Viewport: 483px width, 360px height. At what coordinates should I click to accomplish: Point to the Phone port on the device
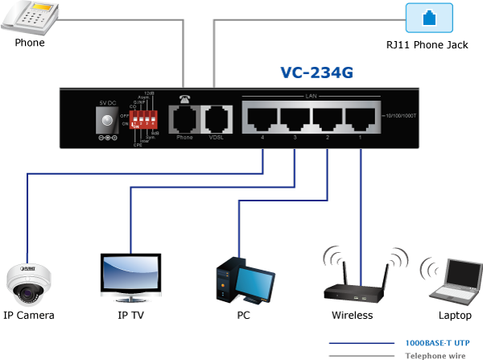184,119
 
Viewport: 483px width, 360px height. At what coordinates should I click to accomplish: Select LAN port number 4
262,119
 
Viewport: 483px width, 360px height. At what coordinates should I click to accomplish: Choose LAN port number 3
294,119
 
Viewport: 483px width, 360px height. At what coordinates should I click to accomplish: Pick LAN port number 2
326,119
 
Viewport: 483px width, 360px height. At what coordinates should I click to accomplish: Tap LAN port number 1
358,119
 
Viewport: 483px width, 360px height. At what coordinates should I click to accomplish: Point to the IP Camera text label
28,315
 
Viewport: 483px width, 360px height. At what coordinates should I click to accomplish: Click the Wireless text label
352,315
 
